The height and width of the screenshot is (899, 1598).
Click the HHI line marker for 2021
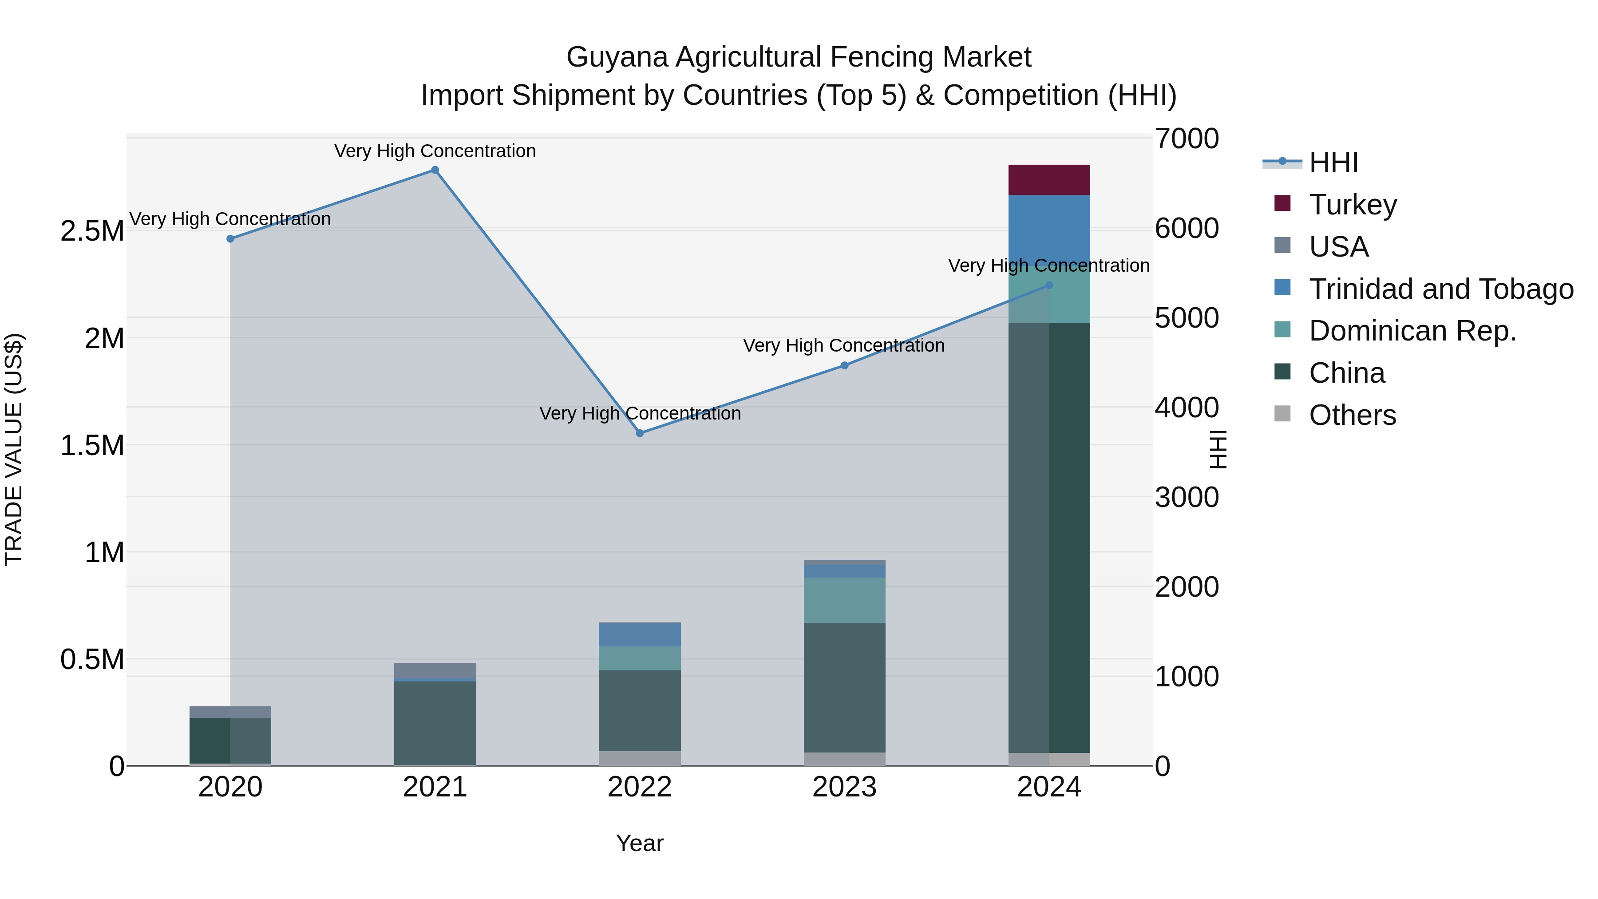click(x=435, y=170)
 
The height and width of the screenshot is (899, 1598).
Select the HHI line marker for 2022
click(x=640, y=433)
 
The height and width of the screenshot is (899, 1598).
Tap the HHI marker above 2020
click(x=230, y=239)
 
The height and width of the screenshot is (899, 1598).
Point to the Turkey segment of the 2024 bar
click(x=1049, y=180)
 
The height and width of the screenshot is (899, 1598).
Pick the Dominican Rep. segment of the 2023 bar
click(x=844, y=600)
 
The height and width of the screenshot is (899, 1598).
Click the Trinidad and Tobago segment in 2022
click(x=640, y=634)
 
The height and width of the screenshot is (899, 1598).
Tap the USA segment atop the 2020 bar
click(x=230, y=712)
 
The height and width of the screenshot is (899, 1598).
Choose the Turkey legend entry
click(x=1353, y=205)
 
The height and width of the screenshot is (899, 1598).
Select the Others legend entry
click(x=1353, y=415)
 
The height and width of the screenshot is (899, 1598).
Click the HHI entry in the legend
click(x=1333, y=162)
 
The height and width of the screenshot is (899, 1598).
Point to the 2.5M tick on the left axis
click(x=92, y=231)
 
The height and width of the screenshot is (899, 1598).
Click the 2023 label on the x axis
click(x=844, y=787)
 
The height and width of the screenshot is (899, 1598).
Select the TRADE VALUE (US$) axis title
click(x=14, y=449)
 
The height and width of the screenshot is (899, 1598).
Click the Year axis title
click(x=640, y=843)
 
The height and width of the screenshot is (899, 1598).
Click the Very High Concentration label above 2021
click(x=435, y=151)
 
